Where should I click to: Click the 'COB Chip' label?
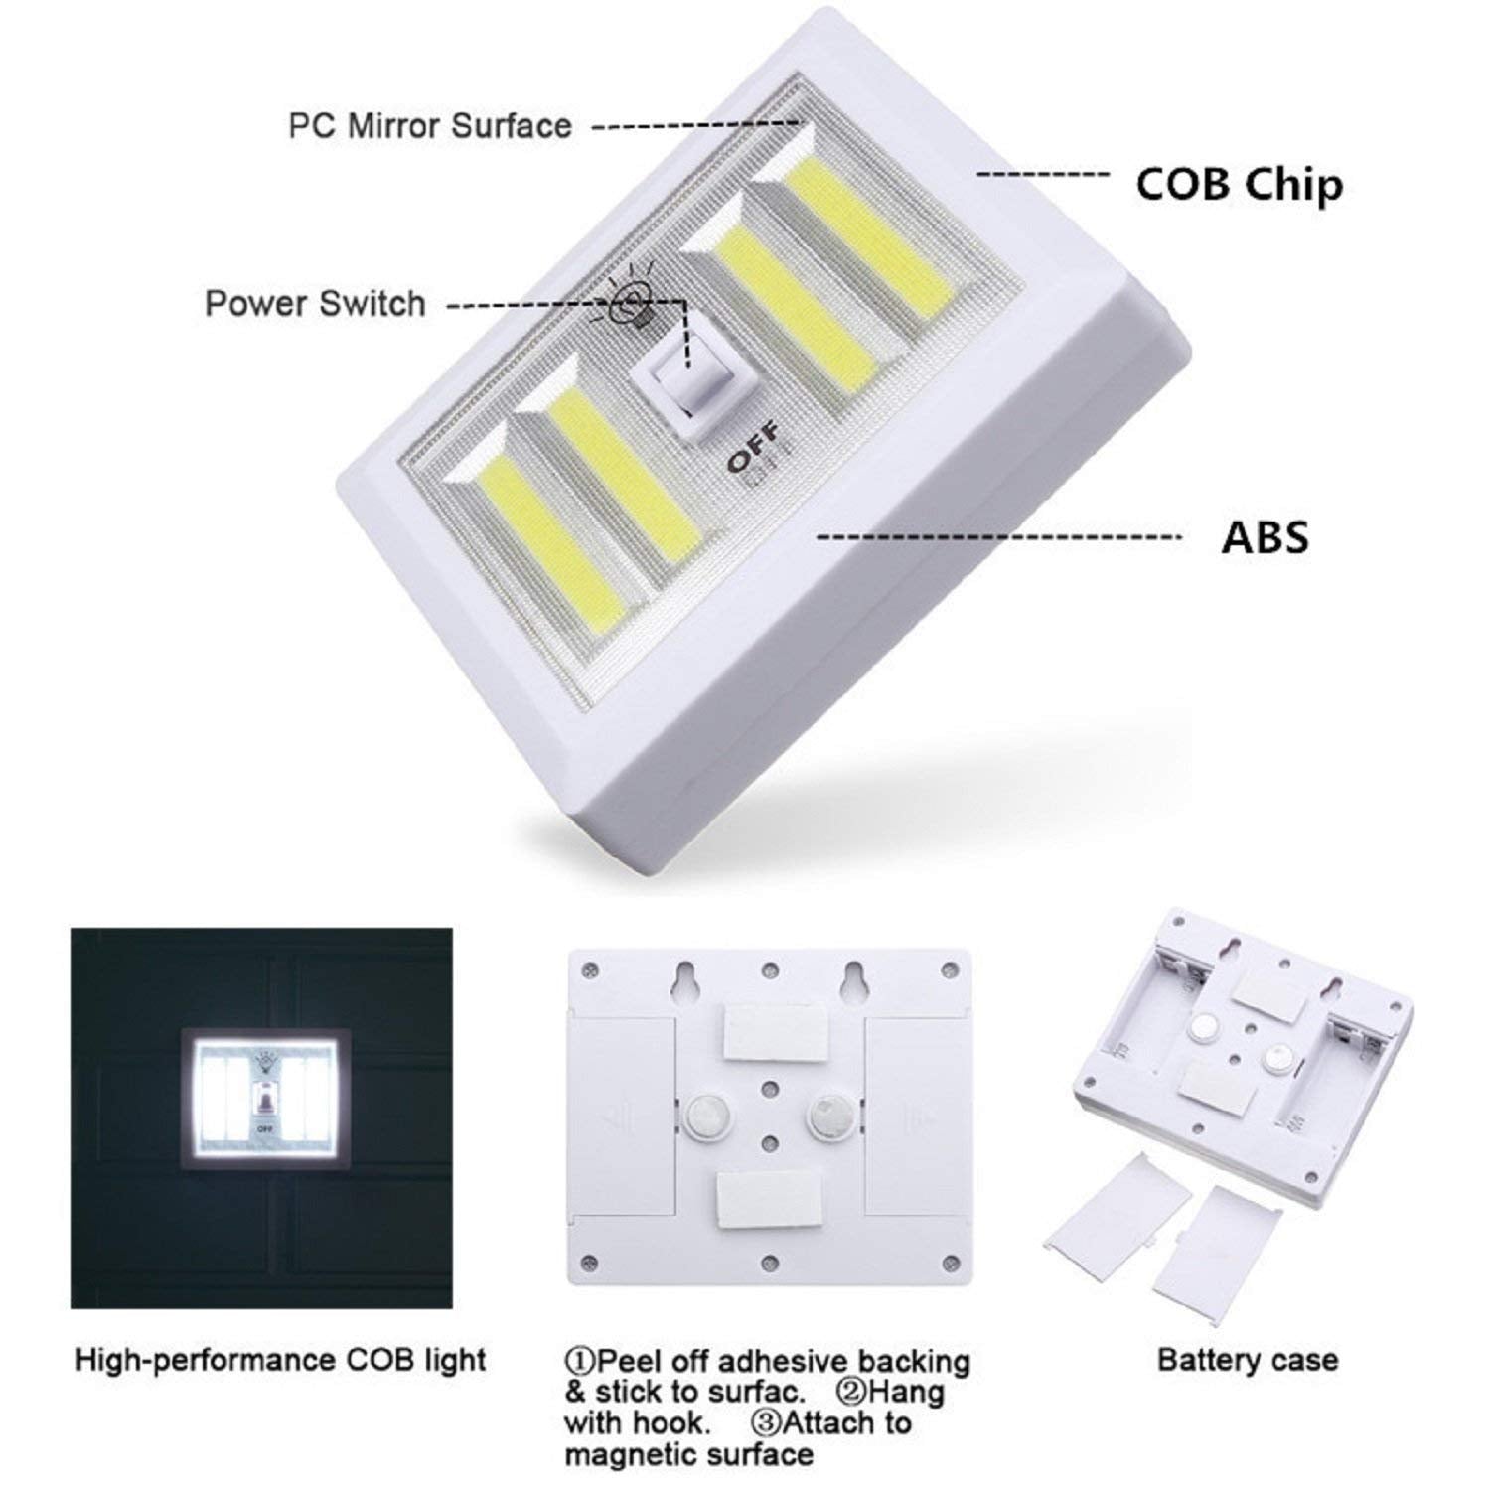click(1239, 185)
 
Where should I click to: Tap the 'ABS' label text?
click(1265, 537)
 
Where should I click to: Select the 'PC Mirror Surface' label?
click(429, 126)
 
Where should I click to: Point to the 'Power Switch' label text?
click(315, 303)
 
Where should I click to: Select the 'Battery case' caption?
click(1247, 1359)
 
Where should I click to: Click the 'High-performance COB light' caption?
click(280, 1359)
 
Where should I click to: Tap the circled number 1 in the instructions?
click(580, 1360)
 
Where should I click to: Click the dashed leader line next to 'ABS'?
click(998, 537)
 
